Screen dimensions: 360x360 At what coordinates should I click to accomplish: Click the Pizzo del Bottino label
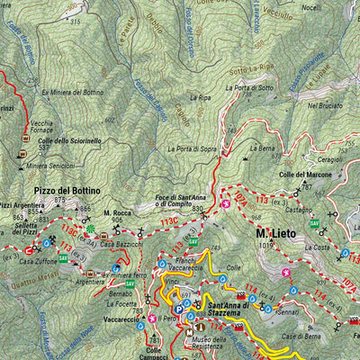67,191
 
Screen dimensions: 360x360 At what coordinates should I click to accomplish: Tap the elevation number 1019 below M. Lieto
264,246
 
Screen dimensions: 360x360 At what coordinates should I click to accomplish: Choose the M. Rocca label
118,211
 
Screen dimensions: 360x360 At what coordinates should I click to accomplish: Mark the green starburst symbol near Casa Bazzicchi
90,230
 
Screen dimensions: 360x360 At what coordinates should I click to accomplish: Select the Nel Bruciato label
325,105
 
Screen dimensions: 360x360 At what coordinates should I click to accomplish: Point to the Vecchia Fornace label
41,127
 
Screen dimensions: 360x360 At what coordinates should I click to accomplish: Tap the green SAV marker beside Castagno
314,223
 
